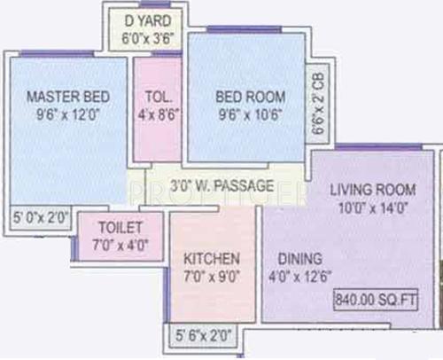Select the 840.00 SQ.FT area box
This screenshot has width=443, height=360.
pos(384,299)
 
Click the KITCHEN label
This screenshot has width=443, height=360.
pos(211,259)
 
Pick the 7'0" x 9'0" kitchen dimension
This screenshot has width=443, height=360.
pos(211,277)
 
